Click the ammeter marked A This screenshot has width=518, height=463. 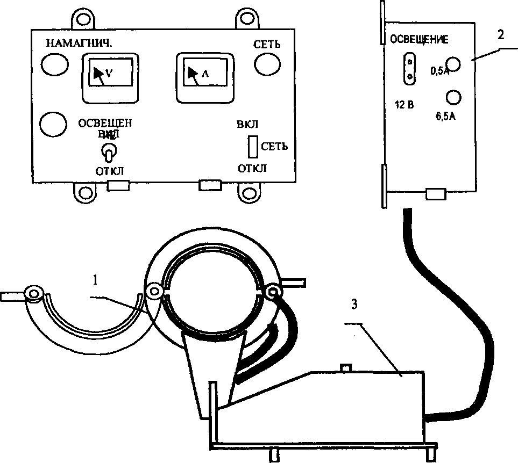click(204, 78)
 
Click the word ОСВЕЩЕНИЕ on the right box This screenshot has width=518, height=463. click(419, 40)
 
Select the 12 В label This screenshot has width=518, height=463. click(403, 104)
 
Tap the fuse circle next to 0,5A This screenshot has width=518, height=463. click(455, 65)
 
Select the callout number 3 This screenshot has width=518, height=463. click(353, 305)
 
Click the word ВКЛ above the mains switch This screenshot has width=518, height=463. click(247, 125)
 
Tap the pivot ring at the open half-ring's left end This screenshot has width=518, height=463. click(35, 294)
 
